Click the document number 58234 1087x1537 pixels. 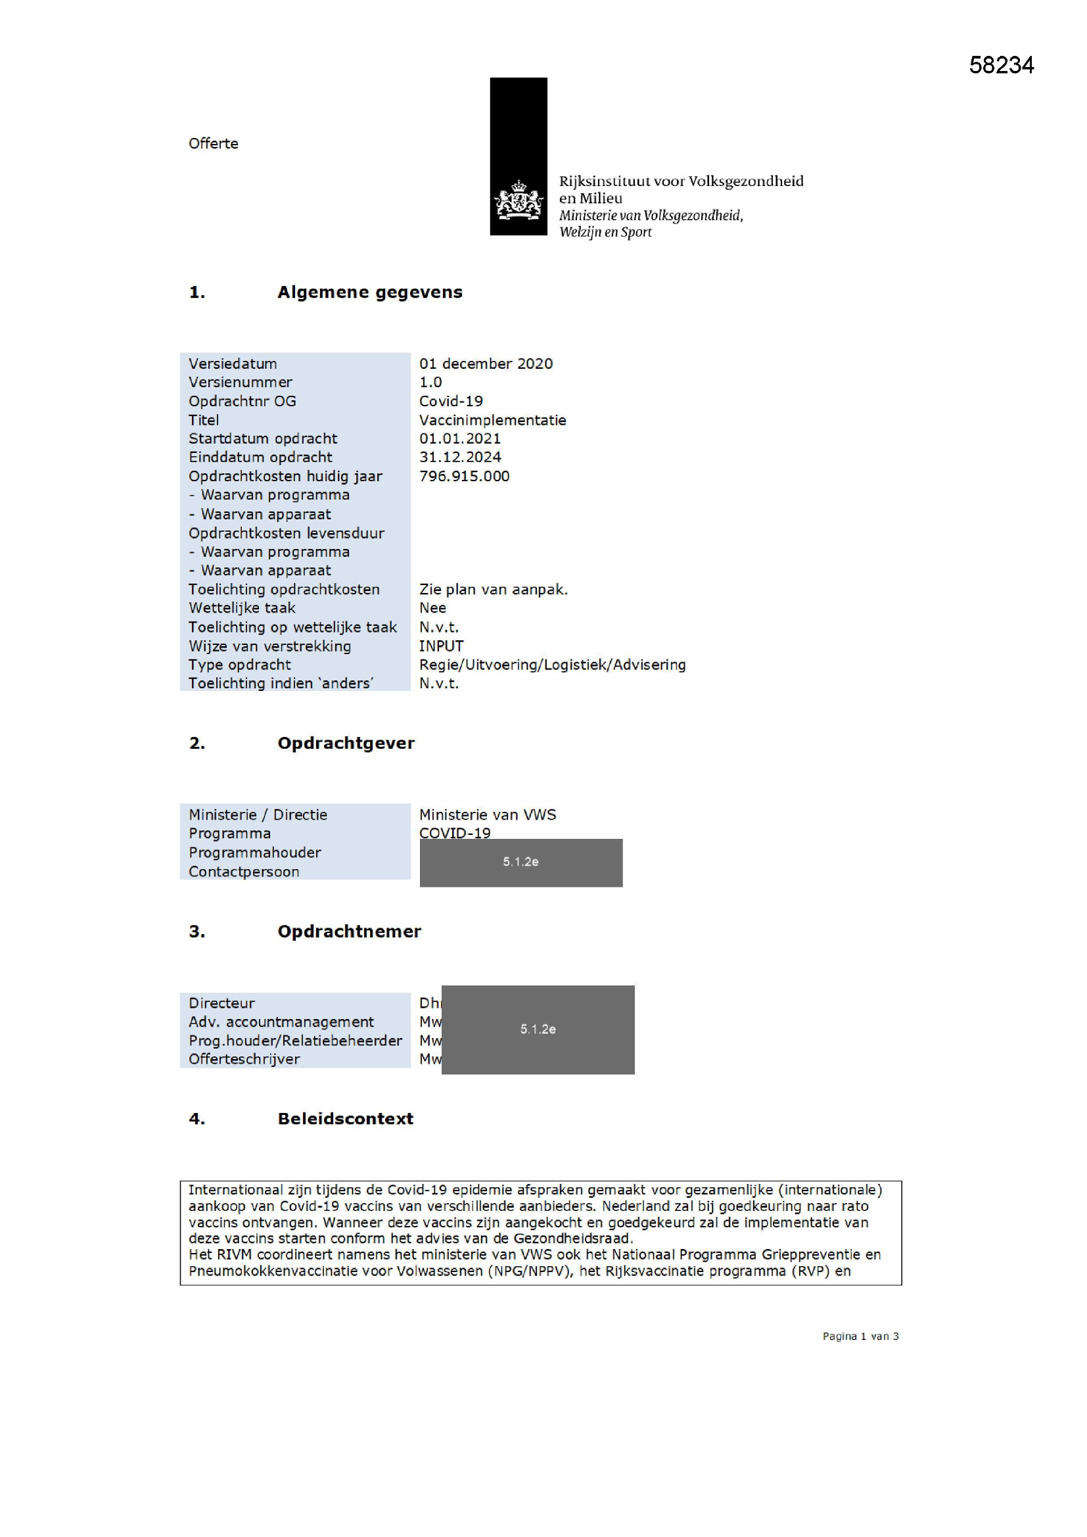(x=1001, y=65)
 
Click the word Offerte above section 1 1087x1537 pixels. (x=213, y=143)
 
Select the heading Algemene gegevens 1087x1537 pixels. (x=369, y=292)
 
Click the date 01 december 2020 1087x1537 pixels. (x=486, y=364)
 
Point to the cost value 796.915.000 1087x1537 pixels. (x=464, y=476)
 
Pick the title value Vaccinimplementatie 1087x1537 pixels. (x=493, y=419)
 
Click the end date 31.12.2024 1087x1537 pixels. (x=460, y=456)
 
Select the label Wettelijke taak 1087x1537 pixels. (x=242, y=608)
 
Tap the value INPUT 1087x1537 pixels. (x=441, y=646)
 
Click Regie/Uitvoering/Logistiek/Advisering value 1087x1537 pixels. (x=552, y=665)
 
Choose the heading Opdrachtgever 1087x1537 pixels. (x=346, y=743)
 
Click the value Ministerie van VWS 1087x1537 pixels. (x=487, y=815)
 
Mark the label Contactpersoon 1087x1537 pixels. (x=244, y=872)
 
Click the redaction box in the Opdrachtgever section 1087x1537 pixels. (x=520, y=863)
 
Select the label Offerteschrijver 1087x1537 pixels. (x=244, y=1059)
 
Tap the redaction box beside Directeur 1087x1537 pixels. (x=538, y=1029)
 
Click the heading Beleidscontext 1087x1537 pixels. (x=346, y=1119)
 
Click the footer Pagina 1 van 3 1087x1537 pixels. (x=860, y=1336)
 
